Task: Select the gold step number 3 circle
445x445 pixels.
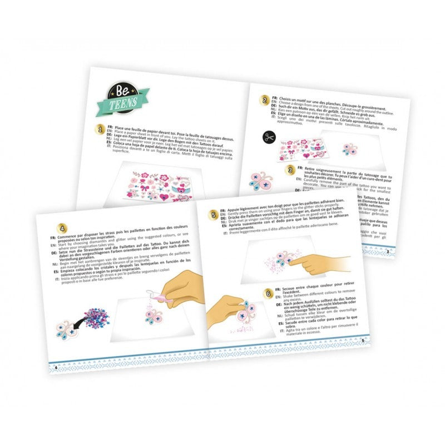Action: [290, 170]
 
